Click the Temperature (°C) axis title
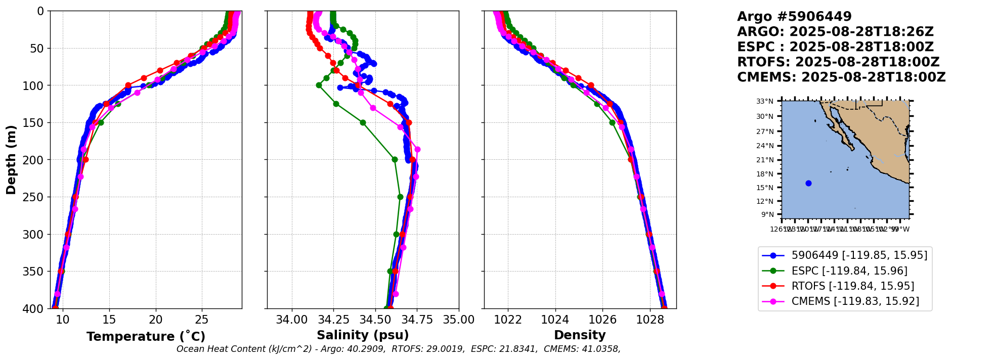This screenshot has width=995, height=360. click(x=146, y=337)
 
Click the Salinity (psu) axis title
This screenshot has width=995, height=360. click(x=363, y=335)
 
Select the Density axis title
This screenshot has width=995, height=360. click(x=580, y=335)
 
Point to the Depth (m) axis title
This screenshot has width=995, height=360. click(x=11, y=160)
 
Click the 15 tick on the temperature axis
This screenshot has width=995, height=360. click(x=109, y=320)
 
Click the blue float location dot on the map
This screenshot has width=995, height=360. click(x=808, y=183)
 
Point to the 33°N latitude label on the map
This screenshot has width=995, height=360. click(x=765, y=102)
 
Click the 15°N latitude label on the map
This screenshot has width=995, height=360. click(x=765, y=188)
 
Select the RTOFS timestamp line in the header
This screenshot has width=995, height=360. click(x=838, y=62)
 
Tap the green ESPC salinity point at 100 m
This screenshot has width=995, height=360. click(x=319, y=85)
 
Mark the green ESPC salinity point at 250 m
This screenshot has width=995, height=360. click(x=400, y=197)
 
